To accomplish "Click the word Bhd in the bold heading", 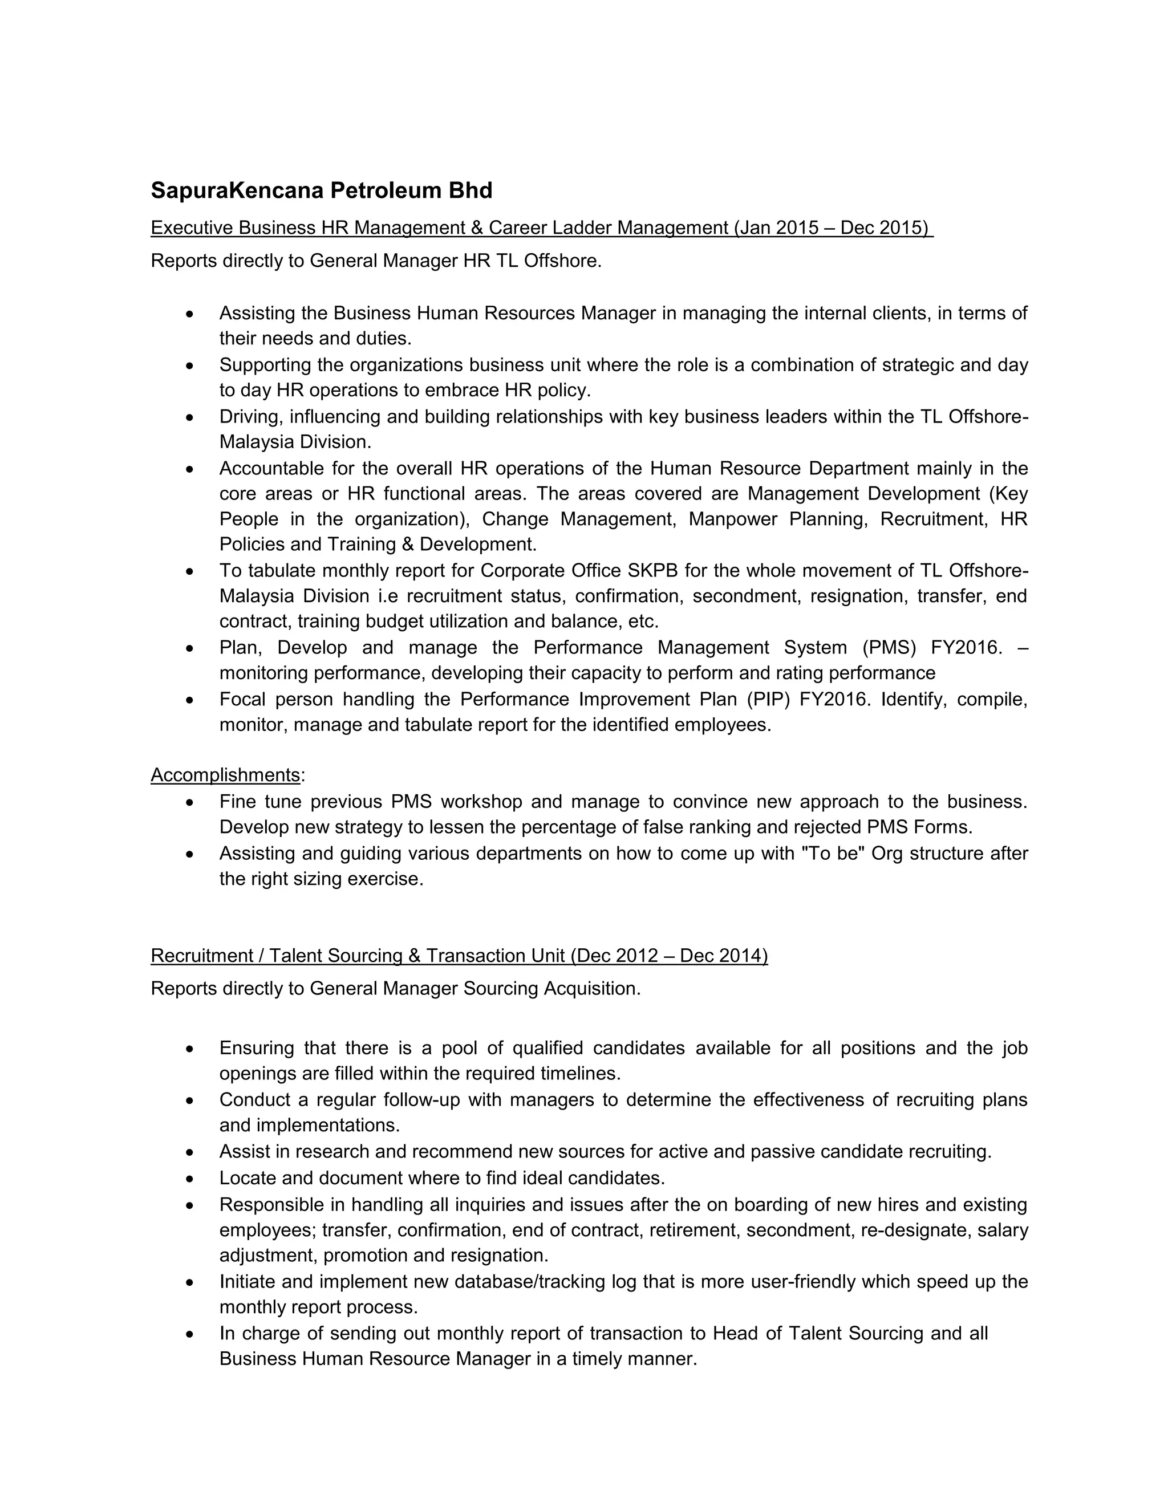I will [471, 190].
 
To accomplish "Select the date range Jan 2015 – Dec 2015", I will [833, 228].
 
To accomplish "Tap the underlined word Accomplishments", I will [225, 775].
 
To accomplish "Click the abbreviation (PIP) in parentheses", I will [768, 700].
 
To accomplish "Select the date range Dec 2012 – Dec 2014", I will [670, 956].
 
